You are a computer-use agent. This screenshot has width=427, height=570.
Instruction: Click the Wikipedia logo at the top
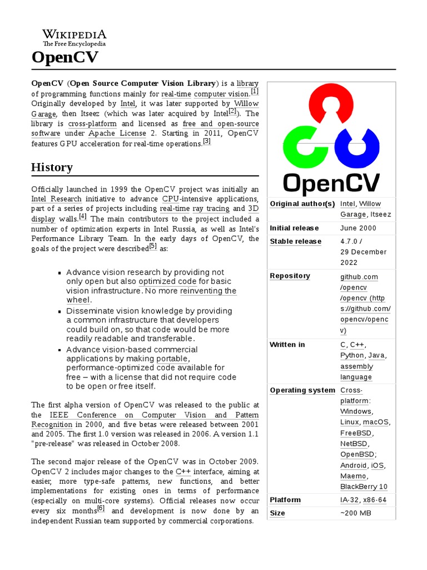coord(75,38)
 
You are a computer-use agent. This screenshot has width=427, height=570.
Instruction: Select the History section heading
coord(52,167)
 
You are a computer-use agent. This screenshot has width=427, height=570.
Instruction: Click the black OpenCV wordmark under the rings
coord(331,183)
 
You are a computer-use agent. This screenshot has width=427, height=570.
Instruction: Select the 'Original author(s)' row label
coord(302,204)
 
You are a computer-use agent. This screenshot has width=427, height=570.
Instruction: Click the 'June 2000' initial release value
coord(358,228)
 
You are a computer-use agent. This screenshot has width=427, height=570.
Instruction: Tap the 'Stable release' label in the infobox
coord(295,241)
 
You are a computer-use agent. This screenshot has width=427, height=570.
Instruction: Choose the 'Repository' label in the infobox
coord(290,276)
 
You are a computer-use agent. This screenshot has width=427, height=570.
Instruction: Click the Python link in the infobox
coord(352,355)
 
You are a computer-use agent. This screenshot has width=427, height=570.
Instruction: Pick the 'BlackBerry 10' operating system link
coord(364,487)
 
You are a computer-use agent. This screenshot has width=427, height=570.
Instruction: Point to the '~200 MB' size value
coord(355,513)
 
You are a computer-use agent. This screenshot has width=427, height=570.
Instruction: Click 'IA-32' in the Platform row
coord(349,500)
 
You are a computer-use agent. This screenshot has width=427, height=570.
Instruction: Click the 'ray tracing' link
coord(210,209)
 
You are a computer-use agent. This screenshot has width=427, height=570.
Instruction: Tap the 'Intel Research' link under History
coord(56,199)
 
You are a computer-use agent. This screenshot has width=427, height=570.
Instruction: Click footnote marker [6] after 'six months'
coord(101,508)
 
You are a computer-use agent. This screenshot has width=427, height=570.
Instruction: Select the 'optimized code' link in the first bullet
coord(167,282)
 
